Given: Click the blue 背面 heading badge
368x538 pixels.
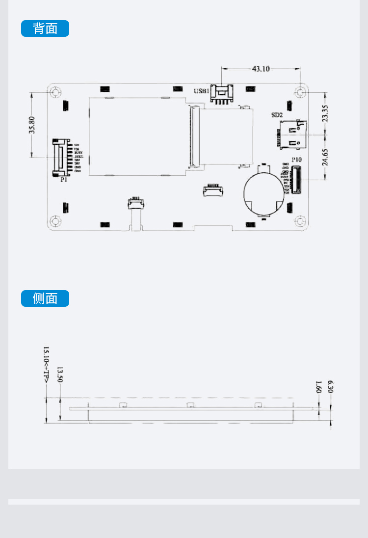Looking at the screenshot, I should [x=45, y=28].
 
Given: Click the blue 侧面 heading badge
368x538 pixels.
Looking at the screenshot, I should [x=45, y=298].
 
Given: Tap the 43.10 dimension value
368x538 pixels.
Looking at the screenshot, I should [x=261, y=69].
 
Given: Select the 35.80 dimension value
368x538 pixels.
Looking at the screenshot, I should [x=32, y=125].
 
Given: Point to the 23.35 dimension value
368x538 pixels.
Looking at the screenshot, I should [x=325, y=113].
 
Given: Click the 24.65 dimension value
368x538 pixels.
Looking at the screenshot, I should [x=325, y=157].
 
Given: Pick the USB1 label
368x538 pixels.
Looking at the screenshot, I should [x=201, y=91].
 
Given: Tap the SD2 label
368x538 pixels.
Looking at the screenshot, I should [x=277, y=115].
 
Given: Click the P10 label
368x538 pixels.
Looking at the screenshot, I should [x=296, y=160].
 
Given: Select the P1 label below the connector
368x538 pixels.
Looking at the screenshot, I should [x=63, y=180].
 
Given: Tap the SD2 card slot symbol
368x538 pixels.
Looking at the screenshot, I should [x=291, y=135].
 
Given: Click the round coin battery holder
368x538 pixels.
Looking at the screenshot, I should [x=264, y=192].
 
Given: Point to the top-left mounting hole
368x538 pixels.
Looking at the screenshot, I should [x=55, y=92].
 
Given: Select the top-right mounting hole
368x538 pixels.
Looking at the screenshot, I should [x=300, y=92].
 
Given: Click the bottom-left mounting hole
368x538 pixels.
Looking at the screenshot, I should [x=55, y=221].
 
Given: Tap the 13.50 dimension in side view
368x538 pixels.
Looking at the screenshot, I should [x=60, y=374].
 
